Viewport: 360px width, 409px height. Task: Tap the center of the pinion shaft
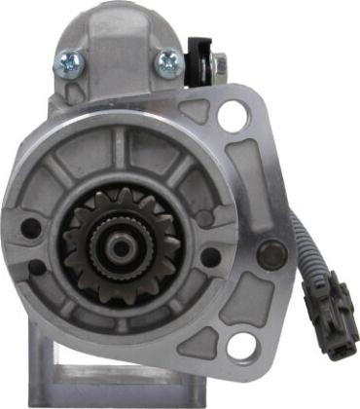pos(120,247)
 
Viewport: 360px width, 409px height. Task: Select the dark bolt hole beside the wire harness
pos(273,251)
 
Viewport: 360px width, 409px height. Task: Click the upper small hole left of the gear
pos(31,230)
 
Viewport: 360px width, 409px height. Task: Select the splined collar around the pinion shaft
pos(120,246)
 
